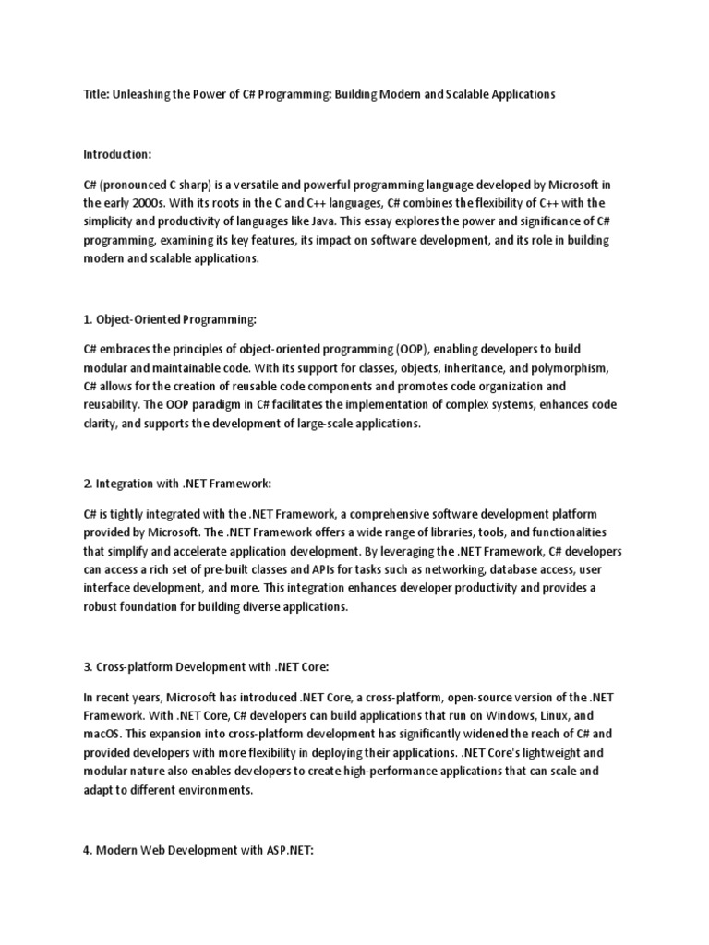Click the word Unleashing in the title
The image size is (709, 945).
click(x=140, y=95)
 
